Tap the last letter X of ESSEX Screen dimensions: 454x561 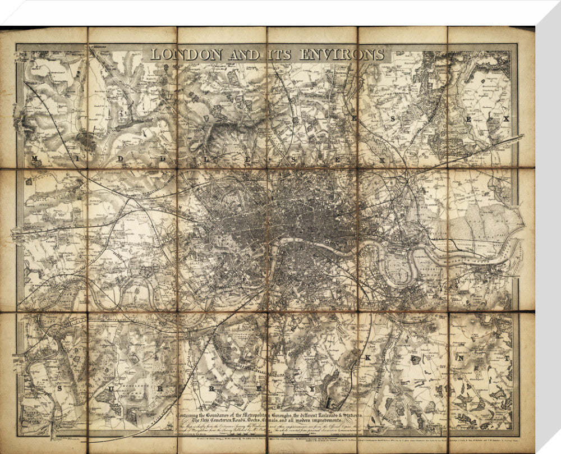505,119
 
